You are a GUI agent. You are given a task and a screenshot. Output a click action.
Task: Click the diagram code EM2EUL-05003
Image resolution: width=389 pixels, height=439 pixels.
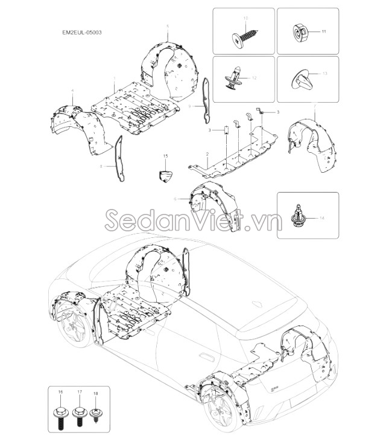(82, 32)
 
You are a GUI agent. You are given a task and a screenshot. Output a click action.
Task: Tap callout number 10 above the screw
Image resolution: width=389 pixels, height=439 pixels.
(245, 18)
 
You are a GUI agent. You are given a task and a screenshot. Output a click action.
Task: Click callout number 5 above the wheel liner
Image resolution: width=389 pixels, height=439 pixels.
(168, 27)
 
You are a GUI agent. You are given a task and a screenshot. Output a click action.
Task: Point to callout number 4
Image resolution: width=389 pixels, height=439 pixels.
(72, 91)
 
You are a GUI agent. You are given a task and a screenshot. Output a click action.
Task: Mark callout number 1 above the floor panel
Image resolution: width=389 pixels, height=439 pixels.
(115, 79)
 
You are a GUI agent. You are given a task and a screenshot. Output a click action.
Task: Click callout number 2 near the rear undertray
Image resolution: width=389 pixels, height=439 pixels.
(207, 154)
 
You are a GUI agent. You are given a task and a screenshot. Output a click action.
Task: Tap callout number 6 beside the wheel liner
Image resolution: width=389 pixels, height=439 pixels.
(175, 199)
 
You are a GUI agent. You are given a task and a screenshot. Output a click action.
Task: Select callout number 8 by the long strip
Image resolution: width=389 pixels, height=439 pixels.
(101, 166)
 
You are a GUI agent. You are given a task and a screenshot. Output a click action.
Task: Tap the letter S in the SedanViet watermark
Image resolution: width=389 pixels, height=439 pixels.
(113, 219)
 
